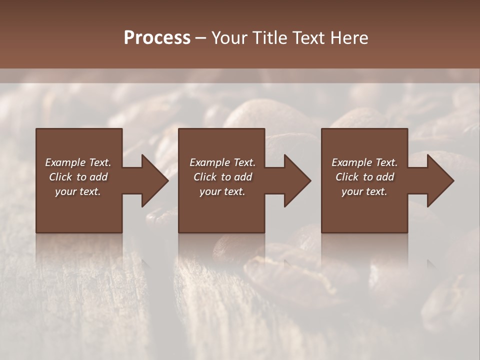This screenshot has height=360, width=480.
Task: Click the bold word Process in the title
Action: pos(157,38)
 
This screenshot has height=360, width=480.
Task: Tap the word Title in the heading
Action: pos(269,38)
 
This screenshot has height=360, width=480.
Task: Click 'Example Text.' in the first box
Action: pos(78,162)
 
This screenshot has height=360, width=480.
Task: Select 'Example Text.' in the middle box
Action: pos(222,162)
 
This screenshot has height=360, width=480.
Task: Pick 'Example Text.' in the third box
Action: pos(364,162)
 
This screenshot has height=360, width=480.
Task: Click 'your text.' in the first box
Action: pos(78,191)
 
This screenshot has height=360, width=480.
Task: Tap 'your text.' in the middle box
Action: pos(222,191)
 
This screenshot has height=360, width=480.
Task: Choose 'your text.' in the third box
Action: pos(364,191)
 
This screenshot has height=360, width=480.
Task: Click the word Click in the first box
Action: pos(61,177)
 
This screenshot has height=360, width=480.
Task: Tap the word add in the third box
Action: pos(385,177)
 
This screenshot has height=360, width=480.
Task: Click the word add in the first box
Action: pos(98,177)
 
